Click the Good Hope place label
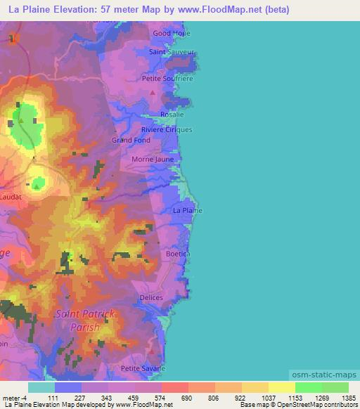(x=172, y=33)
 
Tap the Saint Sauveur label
(x=172, y=52)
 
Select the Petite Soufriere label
(x=167, y=79)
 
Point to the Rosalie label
(x=172, y=115)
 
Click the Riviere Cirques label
(x=167, y=130)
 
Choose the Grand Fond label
(x=131, y=140)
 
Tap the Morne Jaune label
(x=153, y=160)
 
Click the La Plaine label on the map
(x=188, y=210)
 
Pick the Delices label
(x=151, y=298)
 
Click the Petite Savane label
(x=143, y=368)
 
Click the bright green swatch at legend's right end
(x=335, y=387)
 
